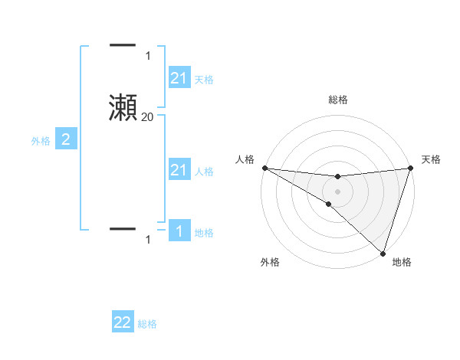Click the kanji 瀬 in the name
123,106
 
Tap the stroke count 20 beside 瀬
147,117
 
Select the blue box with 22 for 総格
123,322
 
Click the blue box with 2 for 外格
66,139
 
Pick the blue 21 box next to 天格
179,77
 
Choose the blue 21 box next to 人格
179,170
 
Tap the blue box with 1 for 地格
179,231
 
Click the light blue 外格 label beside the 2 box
41,141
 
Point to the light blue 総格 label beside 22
147,324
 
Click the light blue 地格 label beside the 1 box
204,233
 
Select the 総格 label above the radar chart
337,100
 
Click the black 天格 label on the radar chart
431,159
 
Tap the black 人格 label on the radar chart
245,159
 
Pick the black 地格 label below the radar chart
402,262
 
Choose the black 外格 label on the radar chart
270,262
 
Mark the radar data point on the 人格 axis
264,168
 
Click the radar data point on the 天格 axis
410,168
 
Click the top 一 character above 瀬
123,46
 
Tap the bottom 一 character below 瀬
123,228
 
